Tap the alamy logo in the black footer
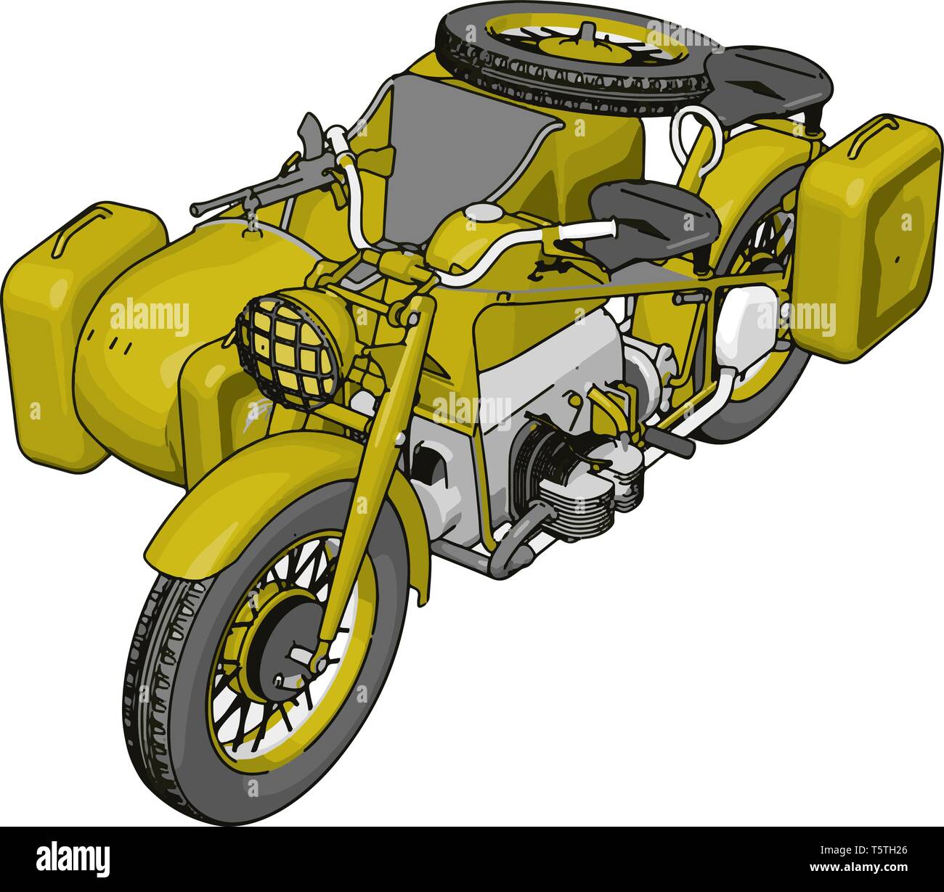pos(73,857)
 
